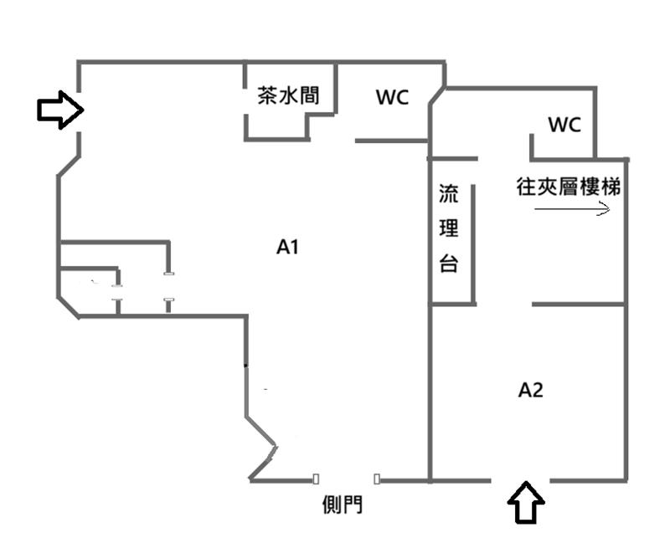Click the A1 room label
point(287,247)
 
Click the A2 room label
point(530,390)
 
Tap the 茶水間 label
point(288,95)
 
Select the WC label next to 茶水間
point(392,97)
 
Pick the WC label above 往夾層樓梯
point(564,125)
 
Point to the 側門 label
point(343,504)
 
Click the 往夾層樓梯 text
point(569,187)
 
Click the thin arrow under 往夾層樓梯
point(572,208)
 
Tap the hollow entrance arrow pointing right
point(60,110)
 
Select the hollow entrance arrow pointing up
point(526,503)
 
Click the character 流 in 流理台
point(449,193)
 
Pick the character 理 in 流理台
point(449,228)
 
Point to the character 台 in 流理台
point(449,264)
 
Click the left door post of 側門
point(316,479)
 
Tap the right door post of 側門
point(376,479)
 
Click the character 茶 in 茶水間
point(268,95)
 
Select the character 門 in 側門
point(353,504)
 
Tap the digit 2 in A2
point(537,390)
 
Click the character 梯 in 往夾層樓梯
point(611,187)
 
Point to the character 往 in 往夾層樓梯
point(527,187)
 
